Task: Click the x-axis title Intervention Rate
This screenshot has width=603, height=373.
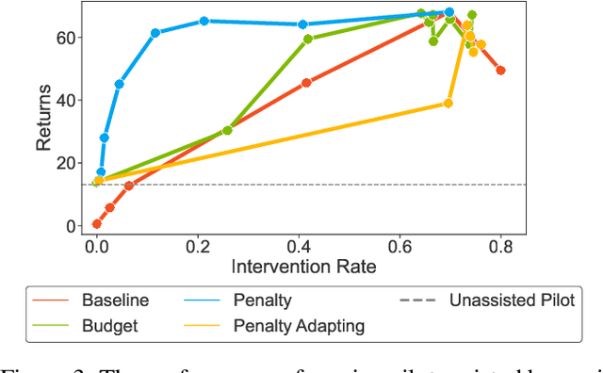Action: [x=303, y=268]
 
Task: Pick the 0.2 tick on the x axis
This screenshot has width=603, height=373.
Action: [x=197, y=246]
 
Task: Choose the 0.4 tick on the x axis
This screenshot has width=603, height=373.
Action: [x=298, y=246]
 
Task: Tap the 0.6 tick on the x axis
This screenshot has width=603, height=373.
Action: [x=399, y=246]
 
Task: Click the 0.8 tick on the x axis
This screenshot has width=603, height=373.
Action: [x=500, y=246]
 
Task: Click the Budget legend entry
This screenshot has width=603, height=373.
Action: [x=109, y=326]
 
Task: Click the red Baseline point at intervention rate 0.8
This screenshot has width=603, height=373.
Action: [x=500, y=71]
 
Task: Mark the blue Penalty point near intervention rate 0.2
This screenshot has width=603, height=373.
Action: [x=204, y=21]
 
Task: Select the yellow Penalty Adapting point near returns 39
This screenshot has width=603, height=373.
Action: [x=448, y=104]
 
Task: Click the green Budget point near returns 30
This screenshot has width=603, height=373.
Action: [x=227, y=130]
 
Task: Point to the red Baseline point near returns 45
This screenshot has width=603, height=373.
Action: [x=306, y=83]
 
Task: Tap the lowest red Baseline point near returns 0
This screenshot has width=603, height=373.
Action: [x=97, y=224]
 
